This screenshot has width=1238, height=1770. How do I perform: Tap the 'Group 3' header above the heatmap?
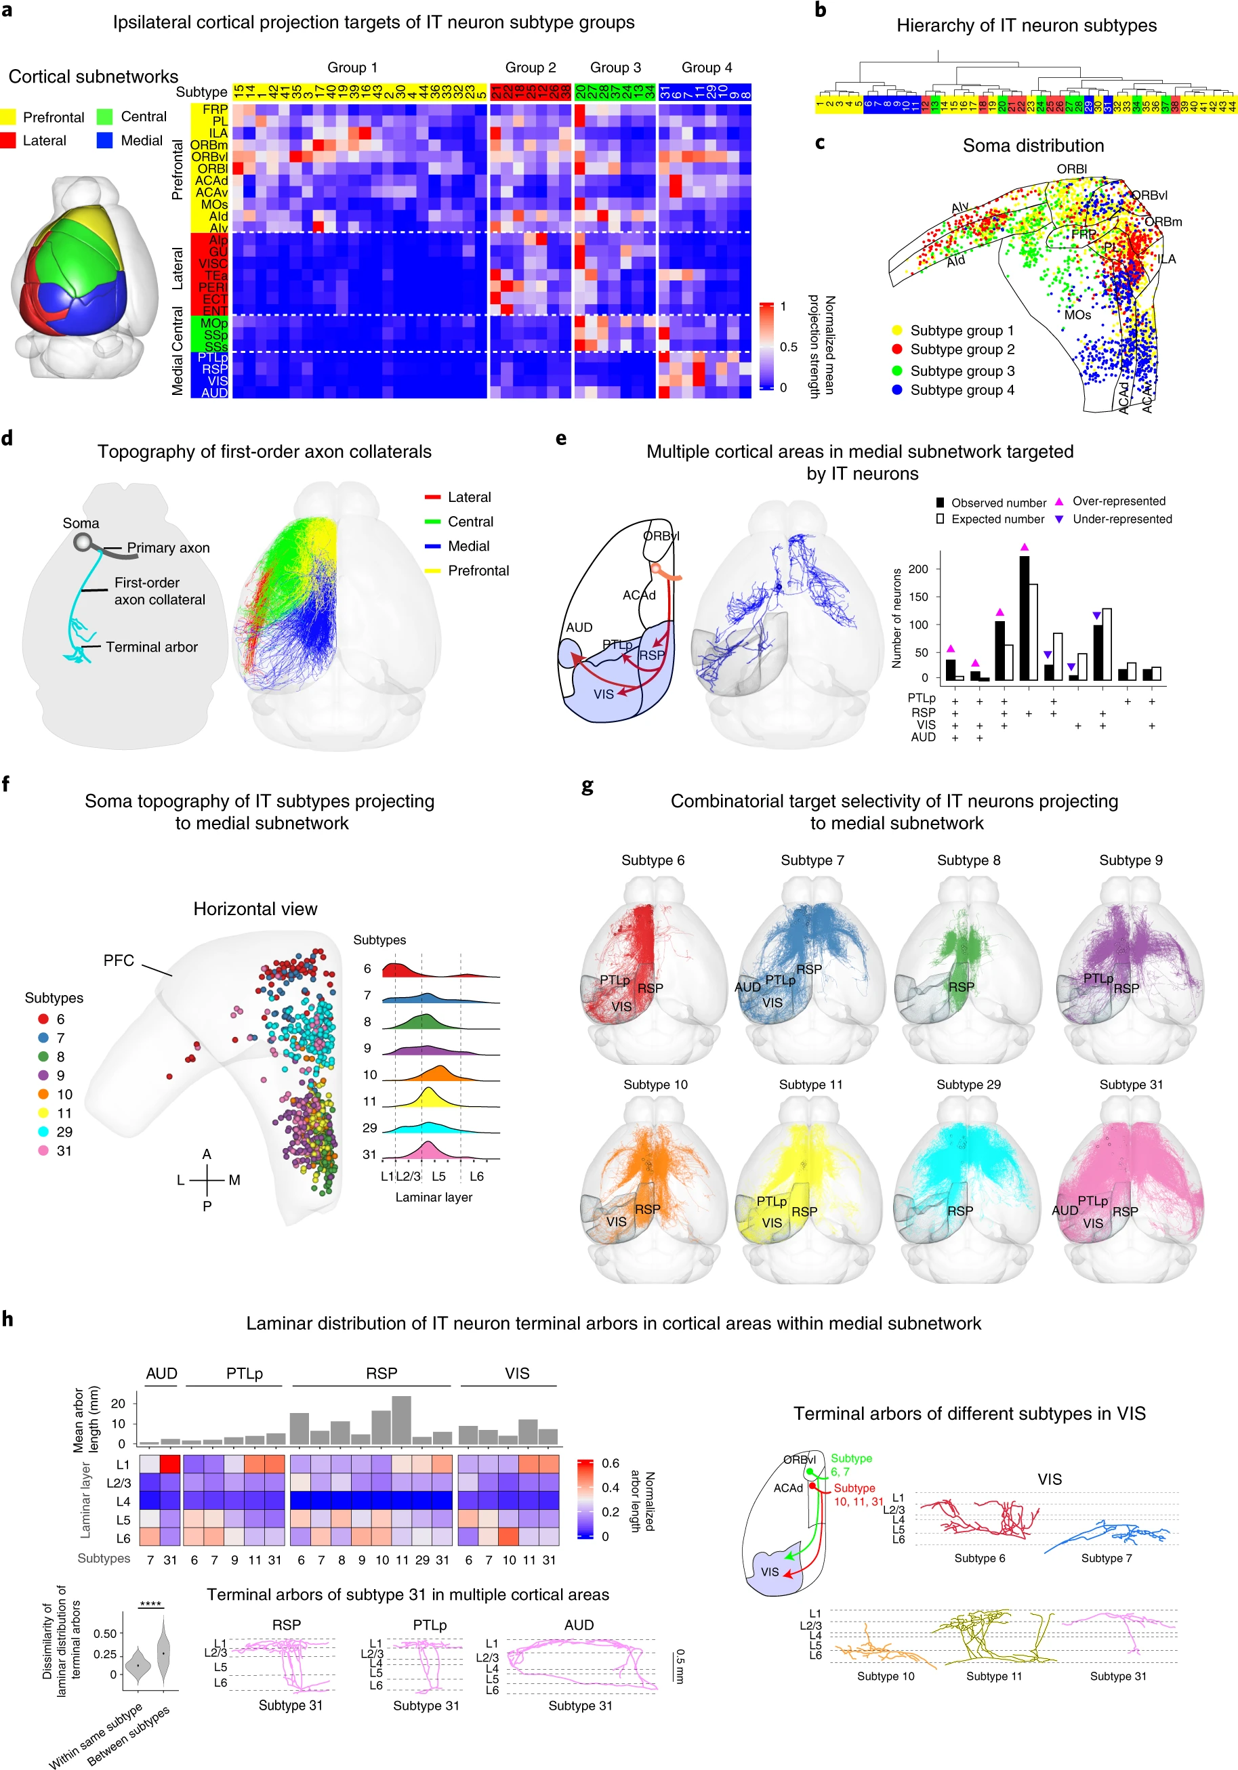pos(615,68)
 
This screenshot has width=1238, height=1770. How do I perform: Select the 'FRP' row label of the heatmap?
pos(215,110)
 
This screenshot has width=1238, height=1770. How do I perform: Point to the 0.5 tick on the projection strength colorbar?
pos(788,347)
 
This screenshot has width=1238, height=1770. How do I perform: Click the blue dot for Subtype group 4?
pos(897,390)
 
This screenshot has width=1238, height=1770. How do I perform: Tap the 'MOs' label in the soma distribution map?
pos(1077,315)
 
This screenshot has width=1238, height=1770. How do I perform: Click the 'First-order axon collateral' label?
pos(160,591)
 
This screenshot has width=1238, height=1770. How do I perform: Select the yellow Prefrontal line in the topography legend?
pos(433,571)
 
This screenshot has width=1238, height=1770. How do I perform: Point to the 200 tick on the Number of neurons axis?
pos(919,569)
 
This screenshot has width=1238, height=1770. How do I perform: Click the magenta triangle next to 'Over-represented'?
pos(1059,502)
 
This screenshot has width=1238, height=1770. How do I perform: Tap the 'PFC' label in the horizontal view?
pos(119,961)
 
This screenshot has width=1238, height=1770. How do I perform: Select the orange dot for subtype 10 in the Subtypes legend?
pos(43,1094)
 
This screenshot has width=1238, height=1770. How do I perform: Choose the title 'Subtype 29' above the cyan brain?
pos(968,1084)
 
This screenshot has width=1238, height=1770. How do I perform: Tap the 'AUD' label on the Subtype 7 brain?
pos(747,987)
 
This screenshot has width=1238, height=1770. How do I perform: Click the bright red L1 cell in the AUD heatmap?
pos(169,1464)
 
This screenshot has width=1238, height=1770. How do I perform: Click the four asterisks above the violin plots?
pos(150,1604)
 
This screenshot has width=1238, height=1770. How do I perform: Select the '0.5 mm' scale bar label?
pos(680,1666)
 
